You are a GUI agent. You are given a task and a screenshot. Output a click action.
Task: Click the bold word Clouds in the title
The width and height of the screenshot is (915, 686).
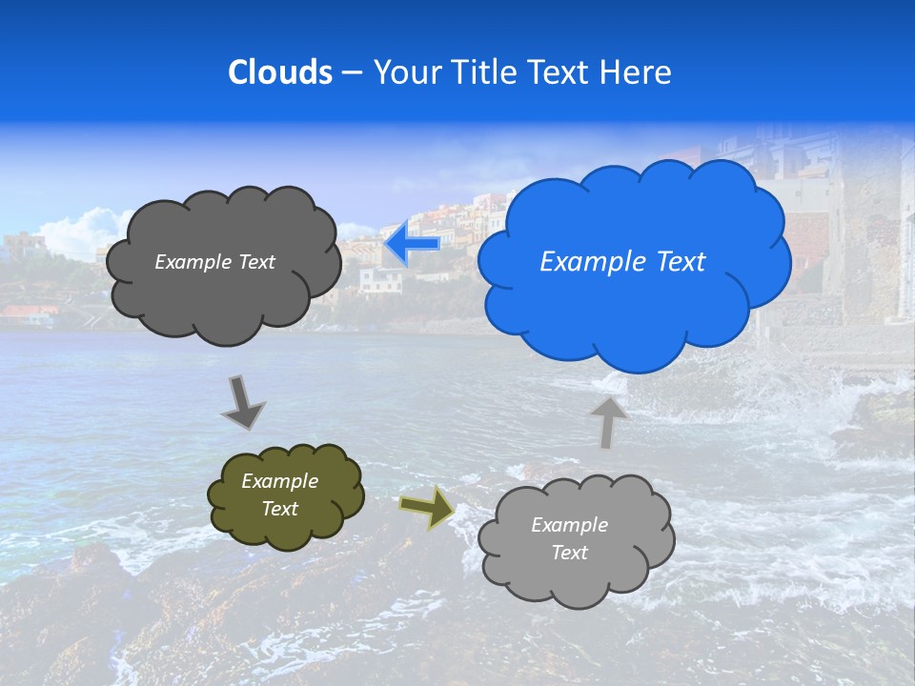pyautogui.click(x=279, y=72)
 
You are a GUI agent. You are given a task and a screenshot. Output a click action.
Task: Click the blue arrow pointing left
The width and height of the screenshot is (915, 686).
pyautogui.click(x=413, y=244)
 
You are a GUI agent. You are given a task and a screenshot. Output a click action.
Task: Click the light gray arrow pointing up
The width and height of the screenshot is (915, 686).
pyautogui.click(x=607, y=420)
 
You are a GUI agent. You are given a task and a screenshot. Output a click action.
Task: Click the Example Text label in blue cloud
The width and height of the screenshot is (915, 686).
pyautogui.click(x=622, y=262)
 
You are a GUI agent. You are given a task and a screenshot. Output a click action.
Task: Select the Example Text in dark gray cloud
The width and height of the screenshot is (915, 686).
pyautogui.click(x=214, y=262)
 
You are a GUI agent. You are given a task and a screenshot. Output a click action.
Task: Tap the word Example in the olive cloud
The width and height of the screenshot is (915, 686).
pyautogui.click(x=279, y=482)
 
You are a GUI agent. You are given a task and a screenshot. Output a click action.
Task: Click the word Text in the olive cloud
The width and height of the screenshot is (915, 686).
pyautogui.click(x=280, y=509)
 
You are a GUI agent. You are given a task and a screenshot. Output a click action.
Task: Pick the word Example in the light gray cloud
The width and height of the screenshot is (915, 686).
pyautogui.click(x=569, y=525)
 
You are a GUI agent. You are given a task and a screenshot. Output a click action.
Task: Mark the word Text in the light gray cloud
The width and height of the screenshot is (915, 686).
pyautogui.click(x=569, y=553)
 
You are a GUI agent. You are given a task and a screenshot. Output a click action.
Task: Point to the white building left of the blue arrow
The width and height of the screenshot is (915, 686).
pyautogui.click(x=380, y=280)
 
